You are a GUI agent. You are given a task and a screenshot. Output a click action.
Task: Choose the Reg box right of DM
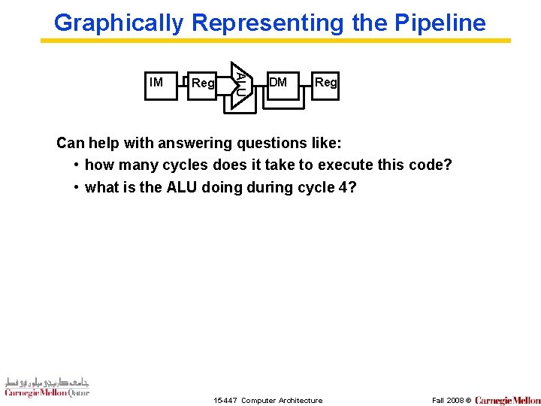[325, 85]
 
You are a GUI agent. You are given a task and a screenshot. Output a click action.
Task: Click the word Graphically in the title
[119, 23]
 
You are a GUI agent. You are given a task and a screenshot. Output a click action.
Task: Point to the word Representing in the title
[268, 23]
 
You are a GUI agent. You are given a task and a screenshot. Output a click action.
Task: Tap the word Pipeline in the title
[440, 23]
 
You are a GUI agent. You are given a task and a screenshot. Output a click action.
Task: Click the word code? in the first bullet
[431, 165]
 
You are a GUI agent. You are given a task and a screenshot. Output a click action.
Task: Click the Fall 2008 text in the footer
[448, 401]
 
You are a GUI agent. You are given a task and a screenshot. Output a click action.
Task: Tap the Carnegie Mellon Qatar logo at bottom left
[47, 386]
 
